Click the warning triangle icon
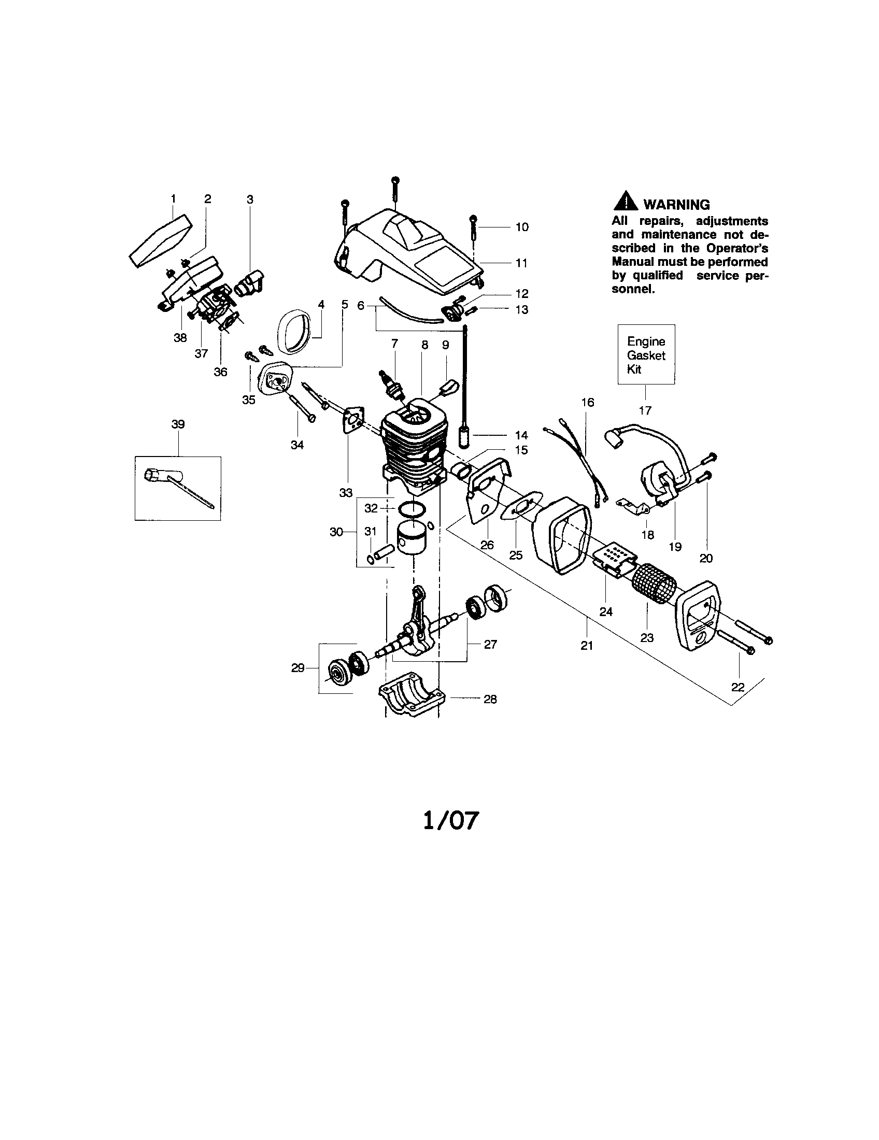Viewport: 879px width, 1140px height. coord(625,203)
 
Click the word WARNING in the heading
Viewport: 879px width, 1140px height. coord(676,205)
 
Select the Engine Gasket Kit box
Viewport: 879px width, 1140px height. coord(646,355)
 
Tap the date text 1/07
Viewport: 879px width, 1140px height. coord(450,821)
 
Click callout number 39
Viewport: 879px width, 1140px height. coord(178,424)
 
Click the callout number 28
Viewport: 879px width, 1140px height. coord(490,699)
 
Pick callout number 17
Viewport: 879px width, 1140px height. coord(645,411)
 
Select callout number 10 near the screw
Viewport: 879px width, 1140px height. coord(522,227)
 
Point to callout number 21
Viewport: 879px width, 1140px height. coord(587,646)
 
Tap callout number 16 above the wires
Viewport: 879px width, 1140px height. coord(588,403)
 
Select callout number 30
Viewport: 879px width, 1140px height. coord(336,532)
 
